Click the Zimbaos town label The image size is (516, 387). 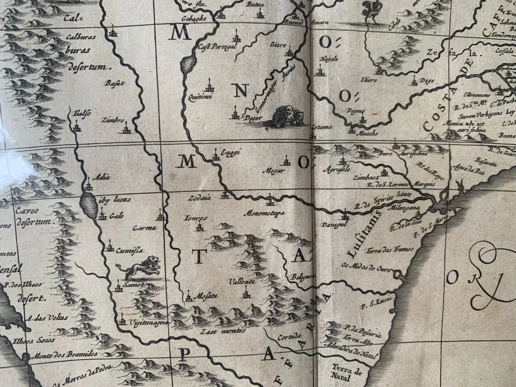click(x=364, y=177)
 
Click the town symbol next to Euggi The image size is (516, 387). click(x=215, y=155)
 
